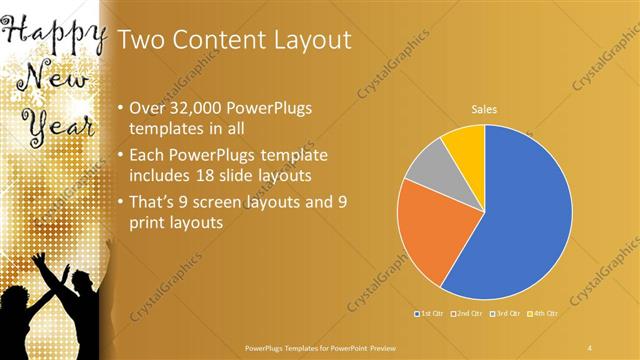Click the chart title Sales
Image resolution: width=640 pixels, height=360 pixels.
484,109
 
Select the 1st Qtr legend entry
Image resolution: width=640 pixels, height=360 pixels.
431,314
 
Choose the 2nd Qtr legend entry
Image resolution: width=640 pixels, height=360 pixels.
466,314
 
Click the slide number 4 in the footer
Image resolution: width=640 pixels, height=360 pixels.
590,347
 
